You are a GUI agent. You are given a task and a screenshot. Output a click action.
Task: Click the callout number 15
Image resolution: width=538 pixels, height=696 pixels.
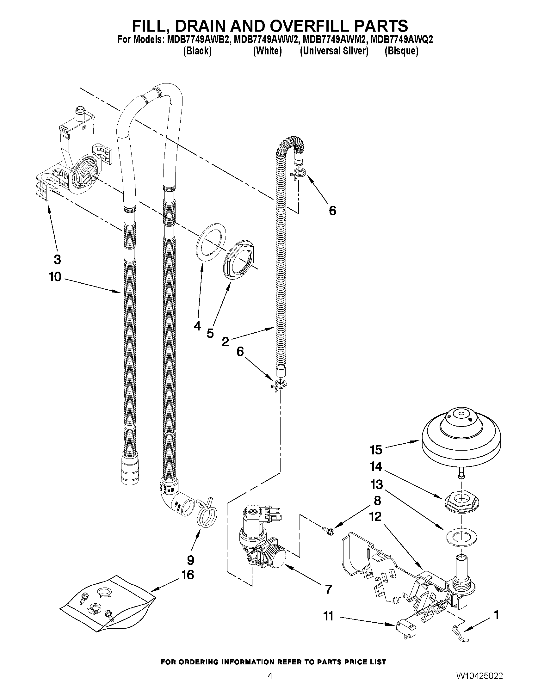tap(376, 450)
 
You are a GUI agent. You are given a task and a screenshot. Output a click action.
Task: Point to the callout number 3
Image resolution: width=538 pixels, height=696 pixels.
tap(57, 259)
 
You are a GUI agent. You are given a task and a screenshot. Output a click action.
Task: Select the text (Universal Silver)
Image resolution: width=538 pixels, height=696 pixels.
tap(334, 51)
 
